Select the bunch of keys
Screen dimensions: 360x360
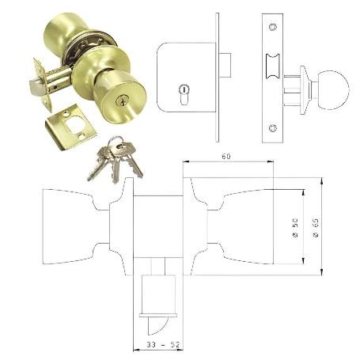tap(116, 160)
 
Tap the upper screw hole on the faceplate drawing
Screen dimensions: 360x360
tap(274, 29)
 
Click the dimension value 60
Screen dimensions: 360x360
tap(226, 157)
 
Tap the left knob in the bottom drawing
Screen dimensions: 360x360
tap(67, 227)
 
